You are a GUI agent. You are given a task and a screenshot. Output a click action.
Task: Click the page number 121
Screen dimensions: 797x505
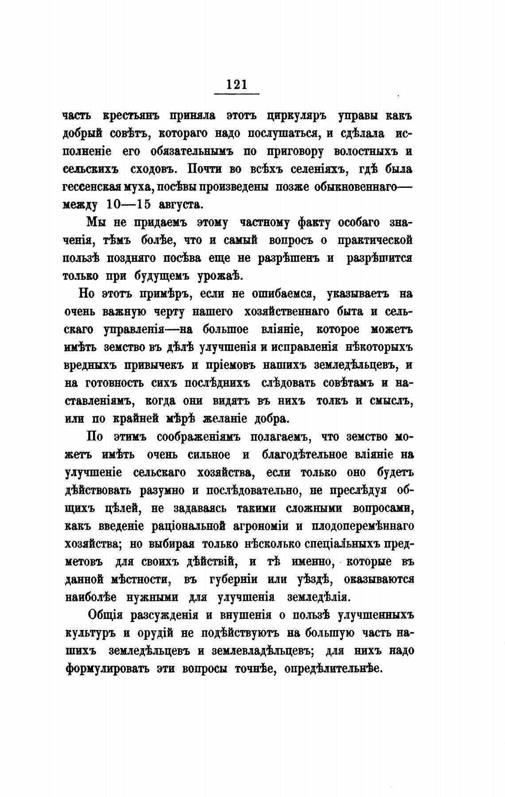pyautogui.click(x=237, y=84)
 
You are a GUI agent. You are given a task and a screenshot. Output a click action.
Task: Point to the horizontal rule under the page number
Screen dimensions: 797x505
pyautogui.click(x=237, y=94)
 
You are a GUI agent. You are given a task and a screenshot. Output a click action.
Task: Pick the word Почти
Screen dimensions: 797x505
pyautogui.click(x=203, y=169)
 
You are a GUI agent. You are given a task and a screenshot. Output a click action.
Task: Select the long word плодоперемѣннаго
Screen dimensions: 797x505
pyautogui.click(x=363, y=526)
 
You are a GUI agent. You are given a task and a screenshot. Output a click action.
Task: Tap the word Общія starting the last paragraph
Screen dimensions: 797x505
pyautogui.click(x=105, y=616)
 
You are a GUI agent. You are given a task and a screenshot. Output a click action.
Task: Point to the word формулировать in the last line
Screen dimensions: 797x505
pyautogui.click(x=106, y=669)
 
